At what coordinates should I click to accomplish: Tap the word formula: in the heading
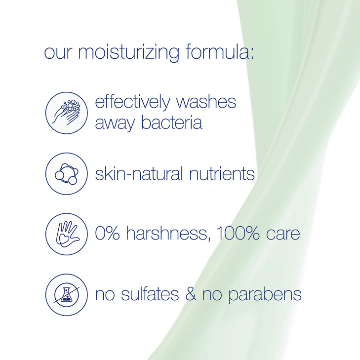220,52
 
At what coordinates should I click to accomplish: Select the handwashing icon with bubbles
67,113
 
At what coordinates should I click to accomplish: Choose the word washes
208,103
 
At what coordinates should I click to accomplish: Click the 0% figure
107,233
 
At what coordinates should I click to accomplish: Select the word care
284,234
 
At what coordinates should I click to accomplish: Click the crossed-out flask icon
67,295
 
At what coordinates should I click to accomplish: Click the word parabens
271,295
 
